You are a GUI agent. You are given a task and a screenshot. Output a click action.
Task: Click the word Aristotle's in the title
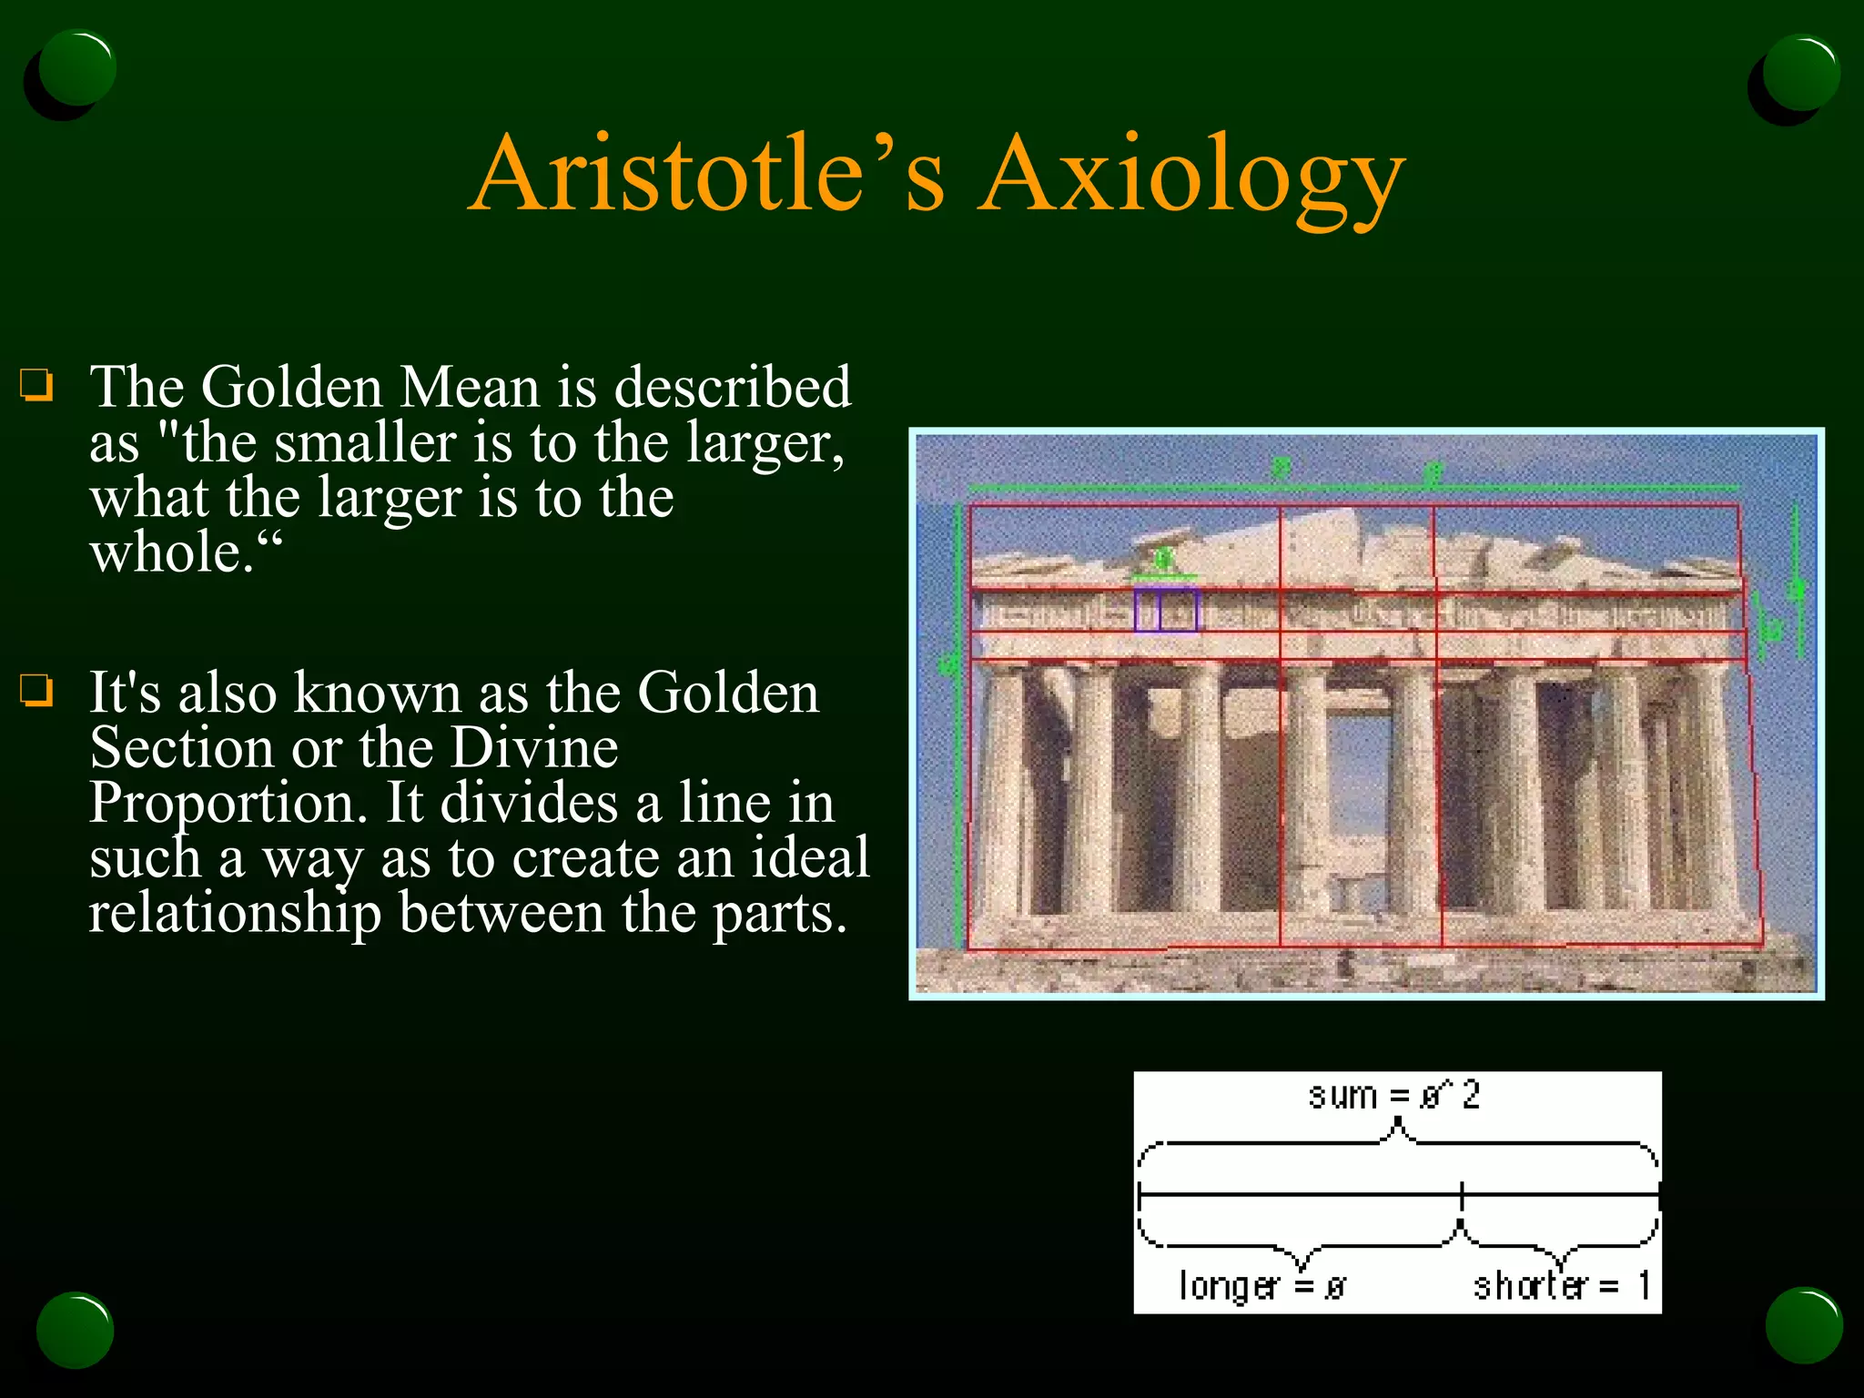pyautogui.click(x=710, y=173)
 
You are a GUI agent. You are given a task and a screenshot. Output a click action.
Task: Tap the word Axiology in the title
pyautogui.click(x=1192, y=177)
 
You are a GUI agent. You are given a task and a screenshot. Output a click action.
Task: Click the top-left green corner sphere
pyautogui.click(x=77, y=68)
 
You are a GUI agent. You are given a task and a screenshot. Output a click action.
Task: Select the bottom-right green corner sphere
pyautogui.click(x=1804, y=1325)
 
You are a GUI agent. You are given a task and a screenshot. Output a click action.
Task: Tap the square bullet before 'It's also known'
pyautogui.click(x=37, y=691)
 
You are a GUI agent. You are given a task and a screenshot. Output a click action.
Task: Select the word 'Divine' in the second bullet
pyautogui.click(x=534, y=748)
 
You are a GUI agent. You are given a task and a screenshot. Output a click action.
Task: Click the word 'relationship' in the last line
pyautogui.click(x=235, y=913)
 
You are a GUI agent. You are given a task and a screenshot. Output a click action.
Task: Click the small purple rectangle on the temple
pyautogui.click(x=1166, y=610)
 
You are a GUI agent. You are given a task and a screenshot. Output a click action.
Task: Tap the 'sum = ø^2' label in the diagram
pyautogui.click(x=1394, y=1095)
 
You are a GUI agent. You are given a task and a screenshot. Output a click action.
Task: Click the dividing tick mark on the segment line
pyautogui.click(x=1462, y=1194)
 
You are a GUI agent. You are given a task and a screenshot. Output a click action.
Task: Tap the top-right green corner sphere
pyautogui.click(x=1800, y=73)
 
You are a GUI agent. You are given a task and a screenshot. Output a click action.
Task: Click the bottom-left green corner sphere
pyautogui.click(x=75, y=1329)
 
